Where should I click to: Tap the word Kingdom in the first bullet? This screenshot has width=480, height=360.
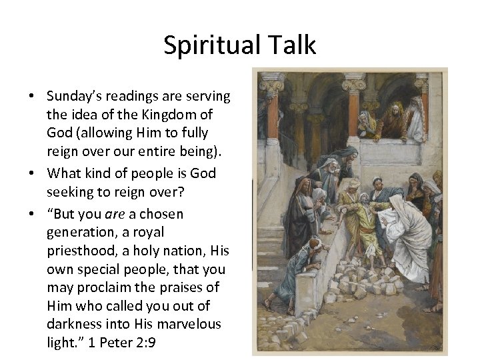point(161,114)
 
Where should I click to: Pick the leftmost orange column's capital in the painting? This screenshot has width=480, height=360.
point(273,87)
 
